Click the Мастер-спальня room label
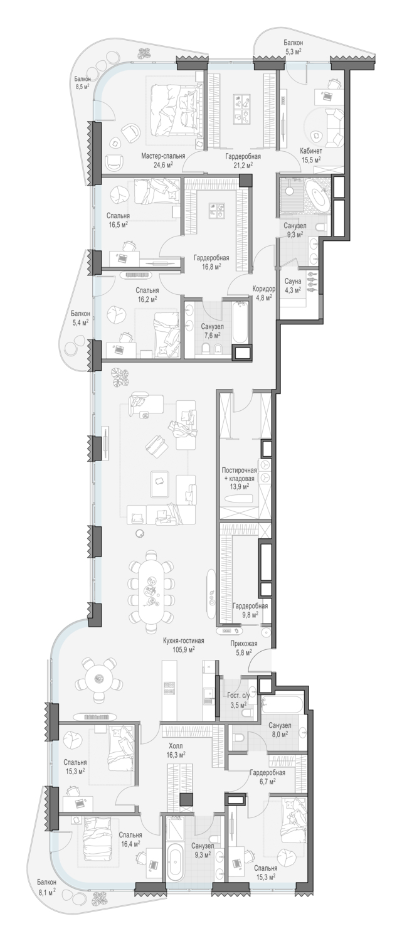tap(163, 156)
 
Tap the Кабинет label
tap(311, 152)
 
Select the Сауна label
tap(292, 281)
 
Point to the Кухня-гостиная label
tap(184, 641)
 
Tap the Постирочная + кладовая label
tap(239, 475)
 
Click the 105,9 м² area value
tap(184, 649)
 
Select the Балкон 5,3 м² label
tap(293, 46)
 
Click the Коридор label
tap(264, 289)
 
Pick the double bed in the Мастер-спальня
tap(172, 107)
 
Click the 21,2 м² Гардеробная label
tap(243, 161)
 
